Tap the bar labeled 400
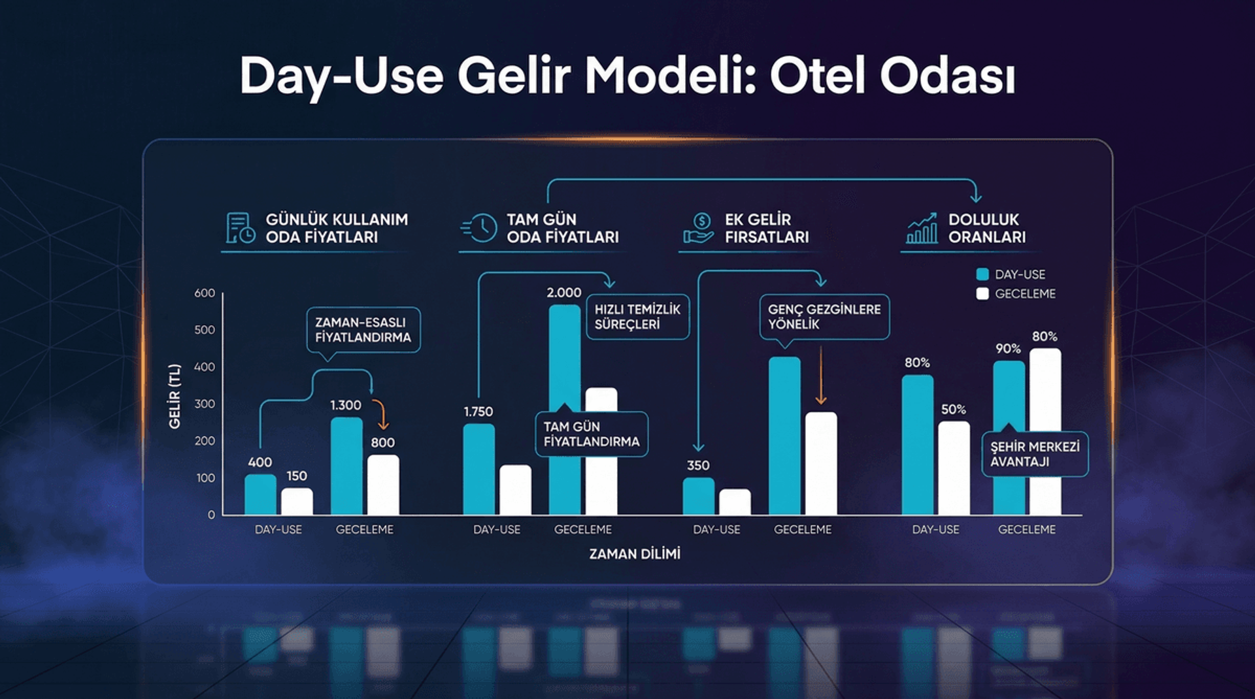[x=260, y=495]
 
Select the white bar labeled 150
[x=297, y=502]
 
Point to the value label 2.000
[x=563, y=293]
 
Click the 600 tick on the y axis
[x=205, y=293]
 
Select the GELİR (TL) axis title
[x=175, y=396]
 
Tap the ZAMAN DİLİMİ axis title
[x=635, y=554]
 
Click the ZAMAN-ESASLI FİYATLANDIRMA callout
[x=363, y=330]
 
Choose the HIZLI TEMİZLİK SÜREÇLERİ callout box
[x=637, y=317]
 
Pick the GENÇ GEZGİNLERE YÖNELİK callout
[x=824, y=317]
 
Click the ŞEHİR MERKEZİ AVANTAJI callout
[x=1035, y=454]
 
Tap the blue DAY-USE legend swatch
[x=982, y=274]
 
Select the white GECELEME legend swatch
[x=982, y=294]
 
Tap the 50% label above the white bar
[x=953, y=410]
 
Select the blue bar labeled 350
[x=698, y=496]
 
